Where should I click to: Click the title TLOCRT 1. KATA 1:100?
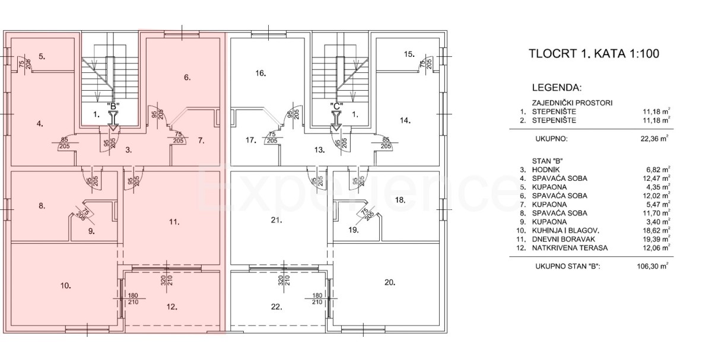pyautogui.click(x=594, y=53)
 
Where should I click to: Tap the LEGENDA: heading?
pyautogui.click(x=557, y=88)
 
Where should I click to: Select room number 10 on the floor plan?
pyautogui.click(x=65, y=286)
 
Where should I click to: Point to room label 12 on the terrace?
pyautogui.click(x=172, y=307)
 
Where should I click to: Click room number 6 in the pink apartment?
pyautogui.click(x=187, y=77)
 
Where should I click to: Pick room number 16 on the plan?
pyautogui.click(x=260, y=73)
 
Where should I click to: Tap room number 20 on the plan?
pyautogui.click(x=390, y=282)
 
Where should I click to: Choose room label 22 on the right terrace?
pyautogui.click(x=276, y=307)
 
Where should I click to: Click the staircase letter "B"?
pyautogui.click(x=113, y=106)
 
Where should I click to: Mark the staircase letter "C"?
pyautogui.click(x=336, y=106)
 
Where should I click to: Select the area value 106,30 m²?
pyautogui.click(x=653, y=266)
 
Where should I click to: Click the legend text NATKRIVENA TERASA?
pyautogui.click(x=570, y=248)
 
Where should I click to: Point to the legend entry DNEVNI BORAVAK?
pyautogui.click(x=564, y=239)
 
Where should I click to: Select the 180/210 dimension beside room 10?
pyautogui.click(x=133, y=299)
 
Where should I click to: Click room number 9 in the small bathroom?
pyautogui.click(x=91, y=231)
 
